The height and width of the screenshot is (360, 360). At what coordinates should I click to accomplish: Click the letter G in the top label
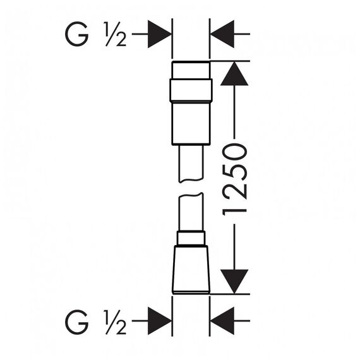pos(77,34)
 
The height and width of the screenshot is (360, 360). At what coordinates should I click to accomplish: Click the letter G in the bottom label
pos(77,322)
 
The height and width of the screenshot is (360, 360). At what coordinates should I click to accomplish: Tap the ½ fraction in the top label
pos(115,34)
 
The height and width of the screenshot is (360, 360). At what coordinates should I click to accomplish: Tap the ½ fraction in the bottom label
pos(115,322)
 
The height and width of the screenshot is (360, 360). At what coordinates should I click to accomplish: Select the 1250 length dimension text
pos(235,179)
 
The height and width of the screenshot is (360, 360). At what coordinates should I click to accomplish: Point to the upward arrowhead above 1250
pos(234,73)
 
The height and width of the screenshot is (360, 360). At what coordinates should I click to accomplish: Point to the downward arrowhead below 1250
pos(234,282)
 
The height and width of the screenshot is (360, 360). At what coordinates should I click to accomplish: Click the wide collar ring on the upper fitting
pos(191,90)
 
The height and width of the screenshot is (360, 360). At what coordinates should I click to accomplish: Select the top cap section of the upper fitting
pos(191,70)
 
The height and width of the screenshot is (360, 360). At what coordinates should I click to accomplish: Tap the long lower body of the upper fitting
pos(191,123)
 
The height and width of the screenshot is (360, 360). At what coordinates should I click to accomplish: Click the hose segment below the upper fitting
pos(191,164)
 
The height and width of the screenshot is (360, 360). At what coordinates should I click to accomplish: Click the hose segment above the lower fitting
pos(191,212)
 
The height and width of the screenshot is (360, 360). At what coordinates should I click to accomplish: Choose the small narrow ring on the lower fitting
pos(191,238)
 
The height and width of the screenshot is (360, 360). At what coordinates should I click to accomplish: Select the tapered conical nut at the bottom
pos(191,270)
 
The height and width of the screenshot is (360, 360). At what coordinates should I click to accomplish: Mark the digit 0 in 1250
pos(235,152)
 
